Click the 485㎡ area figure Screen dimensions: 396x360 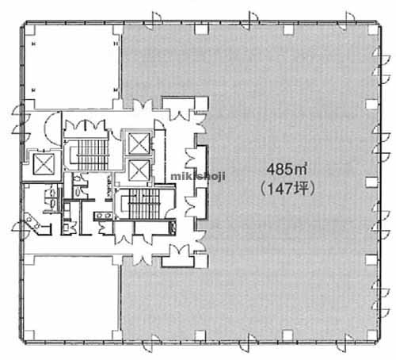pyautogui.click(x=287, y=169)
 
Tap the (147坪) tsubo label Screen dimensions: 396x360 pyautogui.click(x=287, y=189)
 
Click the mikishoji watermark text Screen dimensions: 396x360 pyautogui.click(x=198, y=176)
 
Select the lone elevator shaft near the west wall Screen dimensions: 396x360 pyautogui.click(x=44, y=164)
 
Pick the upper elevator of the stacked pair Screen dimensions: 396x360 pyautogui.click(x=139, y=144)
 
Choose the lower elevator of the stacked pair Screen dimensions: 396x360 pyautogui.click(x=139, y=170)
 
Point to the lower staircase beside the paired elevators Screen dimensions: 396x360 pyautogui.click(x=141, y=204)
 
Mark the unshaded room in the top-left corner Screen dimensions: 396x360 pyautogui.click(x=73, y=66)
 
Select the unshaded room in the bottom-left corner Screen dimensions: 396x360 pyautogui.click(x=71, y=297)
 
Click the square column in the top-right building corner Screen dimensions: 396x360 pyautogui.click(x=372, y=30)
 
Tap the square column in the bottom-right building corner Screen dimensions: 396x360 pyautogui.click(x=372, y=335)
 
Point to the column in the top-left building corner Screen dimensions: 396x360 pyautogui.click(x=30, y=30)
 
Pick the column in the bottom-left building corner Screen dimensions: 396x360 pyautogui.click(x=29, y=335)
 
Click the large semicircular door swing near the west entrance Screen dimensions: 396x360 pyautogui.click(x=53, y=128)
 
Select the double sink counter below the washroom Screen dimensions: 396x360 pyautogui.click(x=104, y=216)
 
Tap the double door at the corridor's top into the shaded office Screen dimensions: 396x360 pyautogui.click(x=143, y=105)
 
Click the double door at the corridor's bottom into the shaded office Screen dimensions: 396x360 pyautogui.click(x=142, y=259)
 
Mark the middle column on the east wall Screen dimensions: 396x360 pyautogui.click(x=371, y=182)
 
